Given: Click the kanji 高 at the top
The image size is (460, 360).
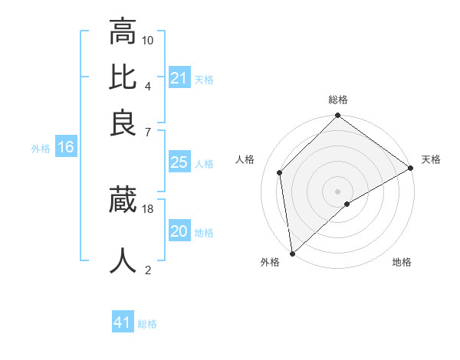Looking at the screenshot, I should click(123, 32).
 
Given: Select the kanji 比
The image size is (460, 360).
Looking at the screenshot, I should click(123, 77).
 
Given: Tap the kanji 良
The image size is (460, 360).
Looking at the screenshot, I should click(123, 123).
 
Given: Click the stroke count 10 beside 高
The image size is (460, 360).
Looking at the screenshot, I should click(148, 40).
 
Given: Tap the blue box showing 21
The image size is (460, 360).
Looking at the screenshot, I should click(179, 78).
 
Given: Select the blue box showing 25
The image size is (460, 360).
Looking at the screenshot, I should click(179, 162).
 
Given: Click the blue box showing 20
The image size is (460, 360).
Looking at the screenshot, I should click(179, 231).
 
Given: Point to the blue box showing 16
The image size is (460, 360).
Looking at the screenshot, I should click(66, 148).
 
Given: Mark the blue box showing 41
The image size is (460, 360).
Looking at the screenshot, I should click(123, 322).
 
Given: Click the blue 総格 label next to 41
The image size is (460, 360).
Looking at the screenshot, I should click(147, 324).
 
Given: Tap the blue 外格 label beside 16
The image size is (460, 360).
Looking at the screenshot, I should click(40, 149).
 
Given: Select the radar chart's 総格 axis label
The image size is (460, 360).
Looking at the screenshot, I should click(338, 100).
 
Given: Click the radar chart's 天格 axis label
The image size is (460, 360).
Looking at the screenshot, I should click(431, 159).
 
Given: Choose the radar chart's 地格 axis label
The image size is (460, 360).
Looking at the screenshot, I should click(402, 262).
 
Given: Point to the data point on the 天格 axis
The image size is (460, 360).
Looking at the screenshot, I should click(411, 168).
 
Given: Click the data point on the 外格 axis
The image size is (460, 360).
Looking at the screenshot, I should click(292, 254).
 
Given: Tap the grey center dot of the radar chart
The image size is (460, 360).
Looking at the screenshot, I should click(338, 191).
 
